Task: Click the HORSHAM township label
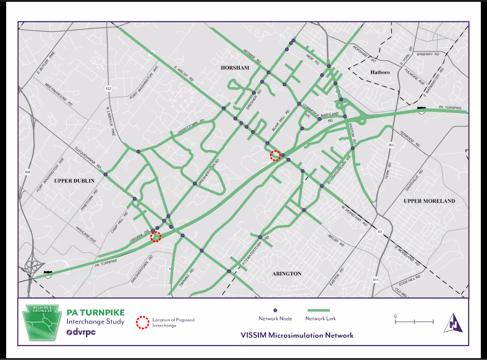pos(235,68)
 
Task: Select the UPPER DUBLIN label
pos(74,180)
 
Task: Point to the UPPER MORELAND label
pos(429,201)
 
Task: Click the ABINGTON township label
pos(286,274)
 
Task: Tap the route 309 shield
pos(27,173)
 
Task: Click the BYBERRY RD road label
pos(428,54)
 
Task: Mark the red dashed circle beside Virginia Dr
pos(156,237)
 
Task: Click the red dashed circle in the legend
pos(142,322)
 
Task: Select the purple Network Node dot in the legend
pos(275,310)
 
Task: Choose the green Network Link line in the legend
pos(318,310)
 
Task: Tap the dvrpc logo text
pos(84,332)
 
